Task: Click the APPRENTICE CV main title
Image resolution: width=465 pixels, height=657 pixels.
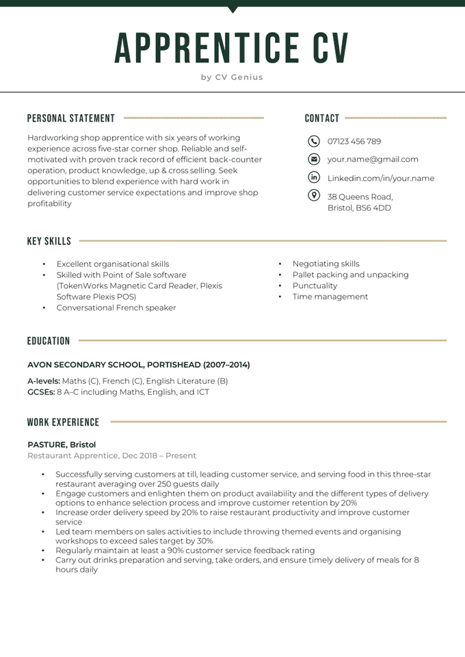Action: coord(232,47)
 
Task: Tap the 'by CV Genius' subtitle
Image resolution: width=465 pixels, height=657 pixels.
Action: coord(232,77)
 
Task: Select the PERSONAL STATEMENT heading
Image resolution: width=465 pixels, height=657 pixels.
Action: coord(71,118)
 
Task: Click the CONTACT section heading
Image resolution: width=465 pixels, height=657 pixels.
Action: coord(322,118)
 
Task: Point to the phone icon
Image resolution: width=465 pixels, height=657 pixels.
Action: coord(314,141)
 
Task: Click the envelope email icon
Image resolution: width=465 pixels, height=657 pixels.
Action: coord(314,159)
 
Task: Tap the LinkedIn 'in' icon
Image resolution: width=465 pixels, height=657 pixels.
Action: coord(314,178)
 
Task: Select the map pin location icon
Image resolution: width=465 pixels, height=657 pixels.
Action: coord(314,196)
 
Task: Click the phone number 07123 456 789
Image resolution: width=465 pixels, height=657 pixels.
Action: coord(354,141)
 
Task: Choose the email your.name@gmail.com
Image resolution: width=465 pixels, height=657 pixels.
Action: coord(373,159)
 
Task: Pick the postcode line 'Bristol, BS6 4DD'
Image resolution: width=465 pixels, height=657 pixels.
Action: coord(359,208)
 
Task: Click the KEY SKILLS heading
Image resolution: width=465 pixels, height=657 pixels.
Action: coord(49,241)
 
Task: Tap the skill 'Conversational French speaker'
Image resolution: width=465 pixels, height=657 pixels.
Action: coord(116,307)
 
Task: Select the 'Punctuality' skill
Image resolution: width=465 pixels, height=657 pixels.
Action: coord(315,285)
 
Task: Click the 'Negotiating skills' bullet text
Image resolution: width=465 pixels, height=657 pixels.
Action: coord(325,264)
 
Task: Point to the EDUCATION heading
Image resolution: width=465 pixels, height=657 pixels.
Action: coord(49,341)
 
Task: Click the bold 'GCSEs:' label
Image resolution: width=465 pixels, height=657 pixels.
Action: coord(41,392)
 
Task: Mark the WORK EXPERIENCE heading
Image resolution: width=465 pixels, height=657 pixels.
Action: coord(64,422)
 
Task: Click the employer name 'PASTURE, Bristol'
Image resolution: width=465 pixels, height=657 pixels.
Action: coord(62,445)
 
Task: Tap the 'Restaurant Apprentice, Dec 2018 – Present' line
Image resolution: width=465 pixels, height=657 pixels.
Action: coord(111,456)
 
